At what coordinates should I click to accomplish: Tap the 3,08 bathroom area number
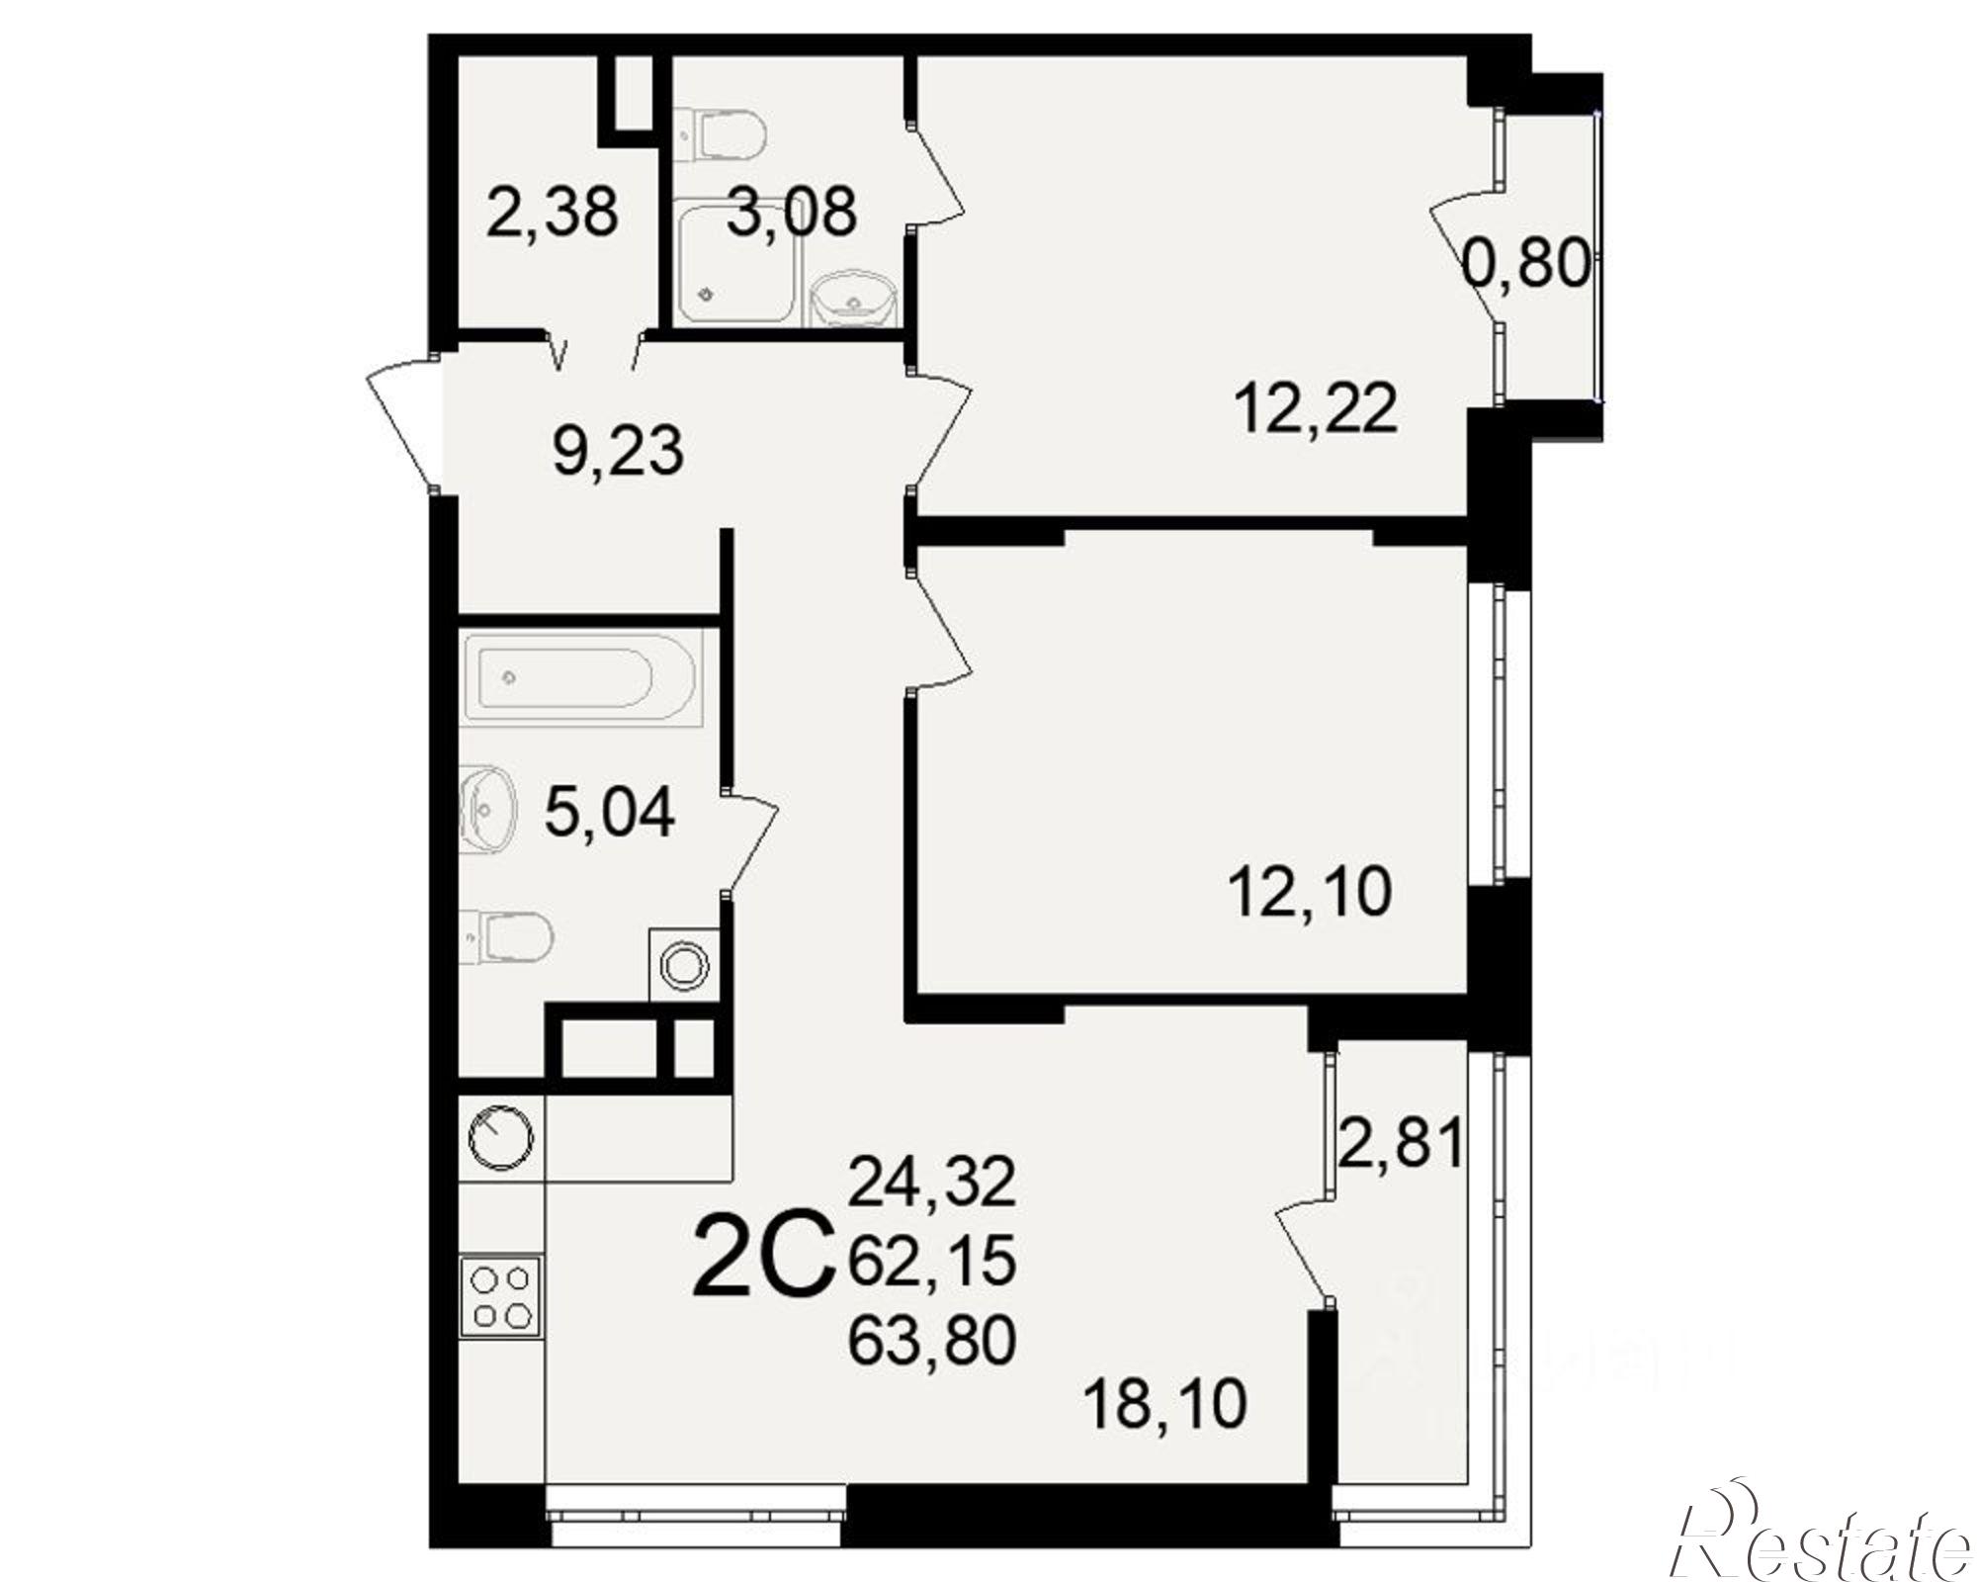pyautogui.click(x=791, y=213)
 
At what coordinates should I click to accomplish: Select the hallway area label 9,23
pyautogui.click(x=618, y=452)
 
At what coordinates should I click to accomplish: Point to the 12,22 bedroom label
pyautogui.click(x=1316, y=408)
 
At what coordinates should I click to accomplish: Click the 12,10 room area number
pyautogui.click(x=1310, y=892)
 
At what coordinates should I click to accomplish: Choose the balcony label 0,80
pyautogui.click(x=1528, y=265)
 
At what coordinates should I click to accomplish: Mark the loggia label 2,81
pyautogui.click(x=1400, y=1145)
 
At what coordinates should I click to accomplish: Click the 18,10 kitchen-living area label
pyautogui.click(x=1165, y=1404)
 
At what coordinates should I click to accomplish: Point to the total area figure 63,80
pyautogui.click(x=932, y=1342)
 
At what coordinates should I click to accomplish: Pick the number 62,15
pyautogui.click(x=932, y=1262)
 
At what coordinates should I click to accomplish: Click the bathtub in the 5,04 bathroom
pyautogui.click(x=580, y=678)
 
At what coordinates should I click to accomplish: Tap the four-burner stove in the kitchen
pyautogui.click(x=501, y=1297)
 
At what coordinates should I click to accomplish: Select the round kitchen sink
pyautogui.click(x=500, y=1138)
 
